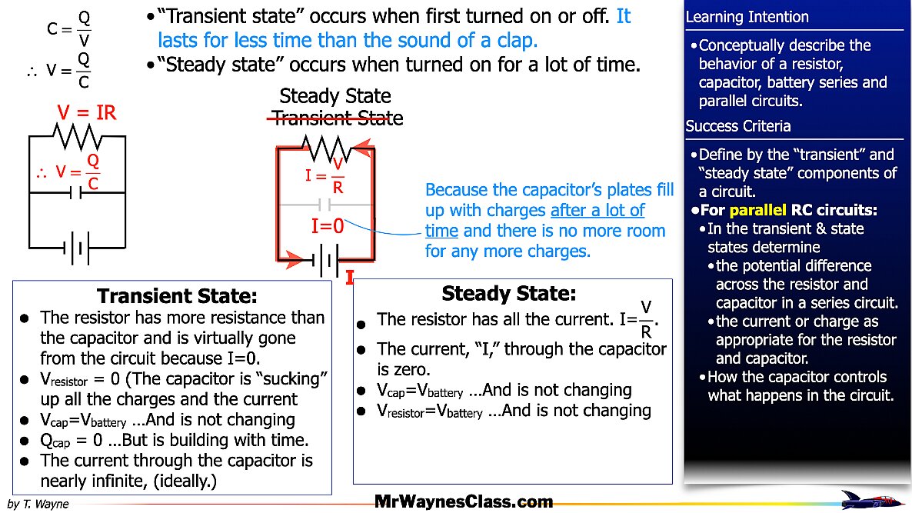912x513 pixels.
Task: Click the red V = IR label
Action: [x=86, y=113]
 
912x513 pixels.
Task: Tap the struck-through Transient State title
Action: [x=336, y=118]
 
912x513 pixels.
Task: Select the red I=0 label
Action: [x=328, y=226]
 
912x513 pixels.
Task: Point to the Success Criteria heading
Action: [x=737, y=126]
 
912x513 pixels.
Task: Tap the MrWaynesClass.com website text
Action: [x=464, y=502]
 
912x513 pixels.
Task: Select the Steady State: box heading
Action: [x=508, y=293]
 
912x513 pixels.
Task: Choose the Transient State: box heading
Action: [x=177, y=296]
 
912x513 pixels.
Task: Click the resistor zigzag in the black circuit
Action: [x=77, y=137]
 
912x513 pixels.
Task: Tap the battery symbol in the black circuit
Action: [x=76, y=248]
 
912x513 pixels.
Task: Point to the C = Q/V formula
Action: [x=69, y=28]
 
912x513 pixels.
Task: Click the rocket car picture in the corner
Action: [x=872, y=499]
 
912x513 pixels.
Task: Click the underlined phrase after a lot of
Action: [x=597, y=210]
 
